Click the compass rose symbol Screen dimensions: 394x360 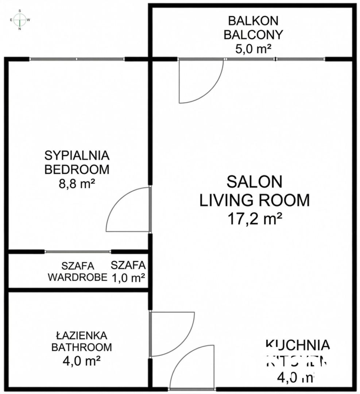click(20, 20)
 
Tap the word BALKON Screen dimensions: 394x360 click(253, 20)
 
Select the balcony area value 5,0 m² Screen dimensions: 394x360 click(253, 49)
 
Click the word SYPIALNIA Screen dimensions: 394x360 click(77, 155)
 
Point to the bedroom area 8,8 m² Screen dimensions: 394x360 click(77, 184)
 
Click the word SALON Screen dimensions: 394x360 click(254, 181)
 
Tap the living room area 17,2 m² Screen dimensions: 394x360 click(254, 219)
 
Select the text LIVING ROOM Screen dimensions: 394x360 click(254, 200)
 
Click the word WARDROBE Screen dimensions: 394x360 click(78, 278)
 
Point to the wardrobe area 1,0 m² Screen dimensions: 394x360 click(128, 278)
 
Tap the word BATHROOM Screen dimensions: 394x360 click(81, 347)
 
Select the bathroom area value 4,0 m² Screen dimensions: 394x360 click(81, 361)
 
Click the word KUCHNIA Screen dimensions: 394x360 click(298, 344)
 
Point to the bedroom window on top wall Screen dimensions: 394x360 click(77, 59)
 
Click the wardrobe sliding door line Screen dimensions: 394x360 click(77, 252)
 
